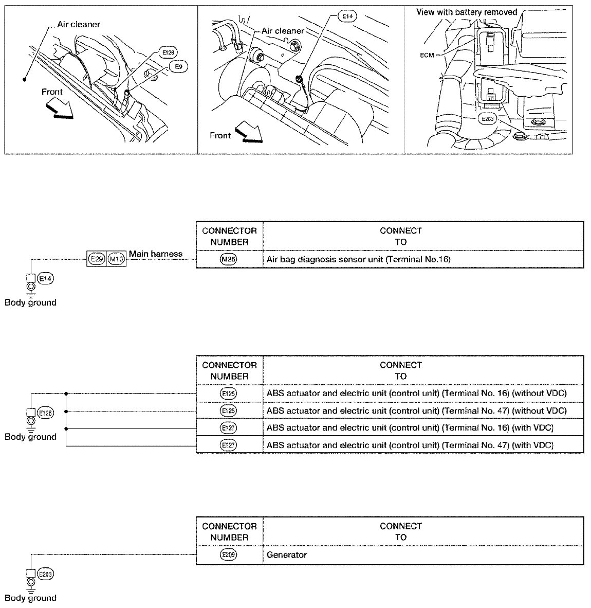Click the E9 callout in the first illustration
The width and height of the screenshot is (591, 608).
[x=178, y=66]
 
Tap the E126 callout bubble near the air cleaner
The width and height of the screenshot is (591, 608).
[x=168, y=52]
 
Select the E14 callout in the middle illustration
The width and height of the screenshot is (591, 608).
[x=348, y=17]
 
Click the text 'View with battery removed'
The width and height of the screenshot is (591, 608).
[x=467, y=12]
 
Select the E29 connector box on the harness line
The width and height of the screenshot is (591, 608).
[x=96, y=259]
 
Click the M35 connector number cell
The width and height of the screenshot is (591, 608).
[x=229, y=259]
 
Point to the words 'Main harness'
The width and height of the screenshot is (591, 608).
[x=156, y=254]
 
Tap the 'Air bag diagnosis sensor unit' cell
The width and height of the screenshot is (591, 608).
[x=358, y=259]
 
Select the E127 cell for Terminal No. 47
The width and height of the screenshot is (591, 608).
[x=229, y=444]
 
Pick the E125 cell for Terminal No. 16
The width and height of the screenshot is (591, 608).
[x=229, y=394]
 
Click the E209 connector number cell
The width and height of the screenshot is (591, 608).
[x=229, y=555]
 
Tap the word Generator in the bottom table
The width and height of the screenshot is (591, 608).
[x=287, y=555]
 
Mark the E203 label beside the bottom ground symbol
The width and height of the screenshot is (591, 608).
[x=46, y=574]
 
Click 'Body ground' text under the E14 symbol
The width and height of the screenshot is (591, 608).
[x=30, y=302]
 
